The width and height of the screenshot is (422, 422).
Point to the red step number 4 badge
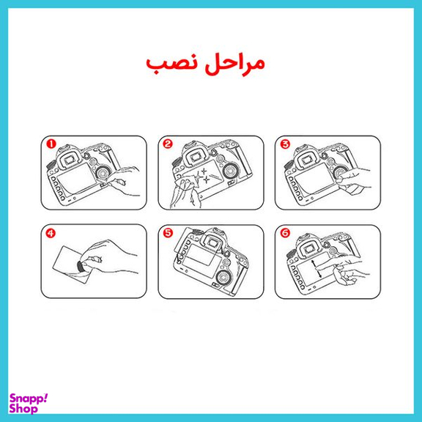coord(51,234)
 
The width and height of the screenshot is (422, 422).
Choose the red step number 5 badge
coord(168,234)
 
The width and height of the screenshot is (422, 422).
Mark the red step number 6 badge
coord(285,234)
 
